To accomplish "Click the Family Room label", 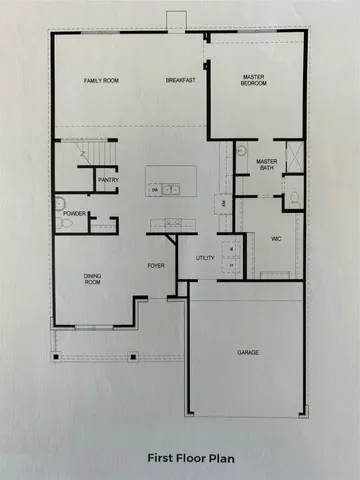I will (x=101, y=80).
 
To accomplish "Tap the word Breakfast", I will (x=180, y=80).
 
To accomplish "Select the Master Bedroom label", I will (x=254, y=80).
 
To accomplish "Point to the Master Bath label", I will (x=265, y=164).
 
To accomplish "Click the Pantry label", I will (x=108, y=180).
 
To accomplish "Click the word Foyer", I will (x=157, y=265).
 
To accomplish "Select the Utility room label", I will (x=206, y=258).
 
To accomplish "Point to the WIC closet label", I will (x=276, y=239).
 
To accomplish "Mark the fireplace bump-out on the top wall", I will (x=177, y=22).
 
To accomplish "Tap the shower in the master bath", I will (x=293, y=158).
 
